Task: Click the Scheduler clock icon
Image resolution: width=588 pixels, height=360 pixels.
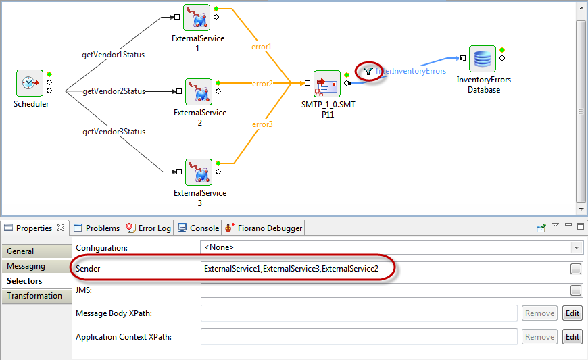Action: [30, 83]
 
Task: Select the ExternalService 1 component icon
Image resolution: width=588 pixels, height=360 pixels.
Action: [197, 18]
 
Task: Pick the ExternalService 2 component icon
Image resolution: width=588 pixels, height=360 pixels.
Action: [199, 92]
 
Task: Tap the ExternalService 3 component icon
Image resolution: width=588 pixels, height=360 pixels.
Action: [199, 172]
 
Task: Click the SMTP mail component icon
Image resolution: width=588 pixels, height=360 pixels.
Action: [327, 84]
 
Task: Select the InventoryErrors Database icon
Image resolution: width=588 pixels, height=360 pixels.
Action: [483, 59]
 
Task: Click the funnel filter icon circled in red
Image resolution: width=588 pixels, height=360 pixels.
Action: [368, 71]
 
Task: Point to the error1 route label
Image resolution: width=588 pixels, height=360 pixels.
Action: [262, 47]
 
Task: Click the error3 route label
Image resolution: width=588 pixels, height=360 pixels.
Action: [262, 124]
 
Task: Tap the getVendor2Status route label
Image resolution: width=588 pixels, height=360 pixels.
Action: [114, 91]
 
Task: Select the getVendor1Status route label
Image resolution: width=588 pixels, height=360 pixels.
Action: [114, 55]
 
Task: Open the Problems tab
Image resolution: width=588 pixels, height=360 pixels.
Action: [97, 228]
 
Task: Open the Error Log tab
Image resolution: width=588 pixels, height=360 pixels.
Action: [149, 228]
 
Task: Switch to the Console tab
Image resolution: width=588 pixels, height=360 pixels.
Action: [199, 228]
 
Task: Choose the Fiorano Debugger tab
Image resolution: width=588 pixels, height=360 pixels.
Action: [264, 228]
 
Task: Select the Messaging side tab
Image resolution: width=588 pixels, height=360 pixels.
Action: [36, 266]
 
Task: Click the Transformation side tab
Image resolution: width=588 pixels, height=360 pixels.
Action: [36, 296]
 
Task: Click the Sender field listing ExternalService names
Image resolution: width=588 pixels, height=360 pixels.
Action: [385, 269]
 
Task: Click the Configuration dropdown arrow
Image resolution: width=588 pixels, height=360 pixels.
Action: [577, 247]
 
